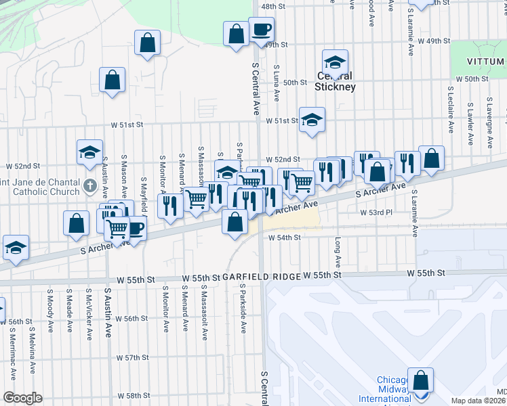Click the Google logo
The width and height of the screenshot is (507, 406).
22,397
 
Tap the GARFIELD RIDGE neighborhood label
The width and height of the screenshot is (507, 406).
262,277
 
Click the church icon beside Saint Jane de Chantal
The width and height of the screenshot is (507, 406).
89,185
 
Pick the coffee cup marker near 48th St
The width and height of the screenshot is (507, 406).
261,30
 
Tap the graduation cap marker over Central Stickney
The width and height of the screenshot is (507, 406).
334,63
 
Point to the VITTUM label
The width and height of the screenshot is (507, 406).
486,62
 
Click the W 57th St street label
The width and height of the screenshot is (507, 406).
131,357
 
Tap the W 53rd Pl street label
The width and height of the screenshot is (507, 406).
376,212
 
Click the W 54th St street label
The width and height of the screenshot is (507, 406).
284,238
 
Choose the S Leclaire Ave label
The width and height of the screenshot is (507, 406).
451,109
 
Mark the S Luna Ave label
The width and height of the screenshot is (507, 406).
277,83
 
